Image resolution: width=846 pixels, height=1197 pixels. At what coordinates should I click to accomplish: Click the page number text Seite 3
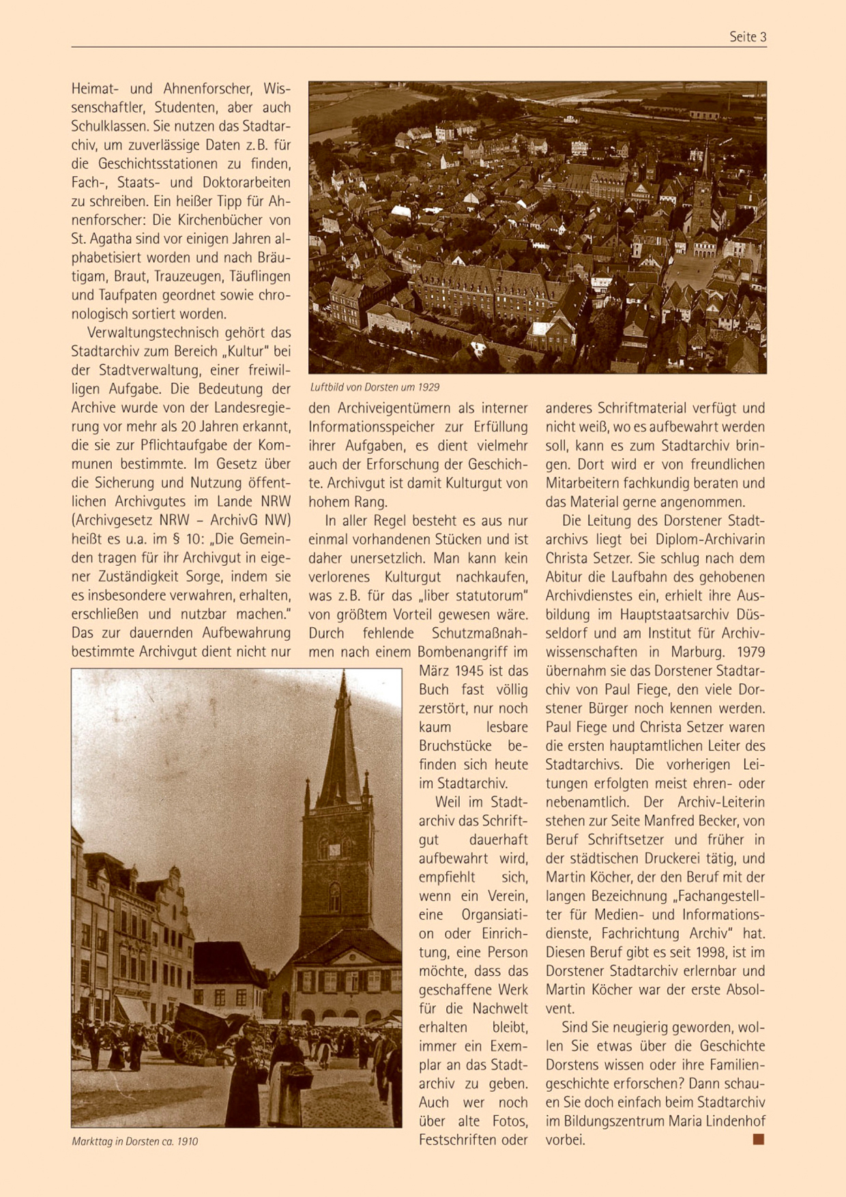point(748,37)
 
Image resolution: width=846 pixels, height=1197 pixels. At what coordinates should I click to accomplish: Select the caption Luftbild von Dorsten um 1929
point(375,387)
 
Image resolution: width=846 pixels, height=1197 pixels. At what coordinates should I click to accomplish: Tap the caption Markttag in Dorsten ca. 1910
point(134,1141)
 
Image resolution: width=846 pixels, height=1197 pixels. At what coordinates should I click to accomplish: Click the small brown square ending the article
point(758,1139)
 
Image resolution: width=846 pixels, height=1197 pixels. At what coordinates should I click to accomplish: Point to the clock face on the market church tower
point(334,850)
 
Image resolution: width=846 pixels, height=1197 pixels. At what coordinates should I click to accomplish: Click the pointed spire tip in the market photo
point(343,676)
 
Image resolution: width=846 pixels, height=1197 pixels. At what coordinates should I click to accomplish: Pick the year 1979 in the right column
point(750,652)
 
